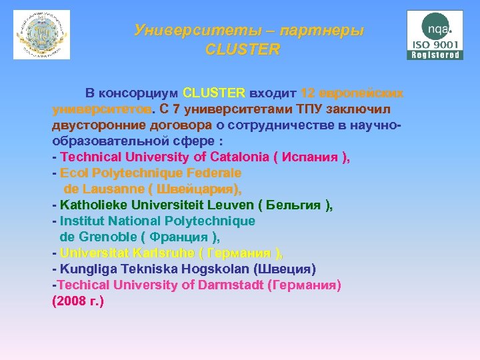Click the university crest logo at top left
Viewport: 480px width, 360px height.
[x=41, y=35]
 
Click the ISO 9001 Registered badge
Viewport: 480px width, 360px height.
[x=435, y=35]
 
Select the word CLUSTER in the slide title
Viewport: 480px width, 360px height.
[x=243, y=50]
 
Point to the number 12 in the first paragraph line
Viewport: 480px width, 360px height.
[x=307, y=93]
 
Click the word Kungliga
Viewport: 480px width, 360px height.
[x=87, y=269]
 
